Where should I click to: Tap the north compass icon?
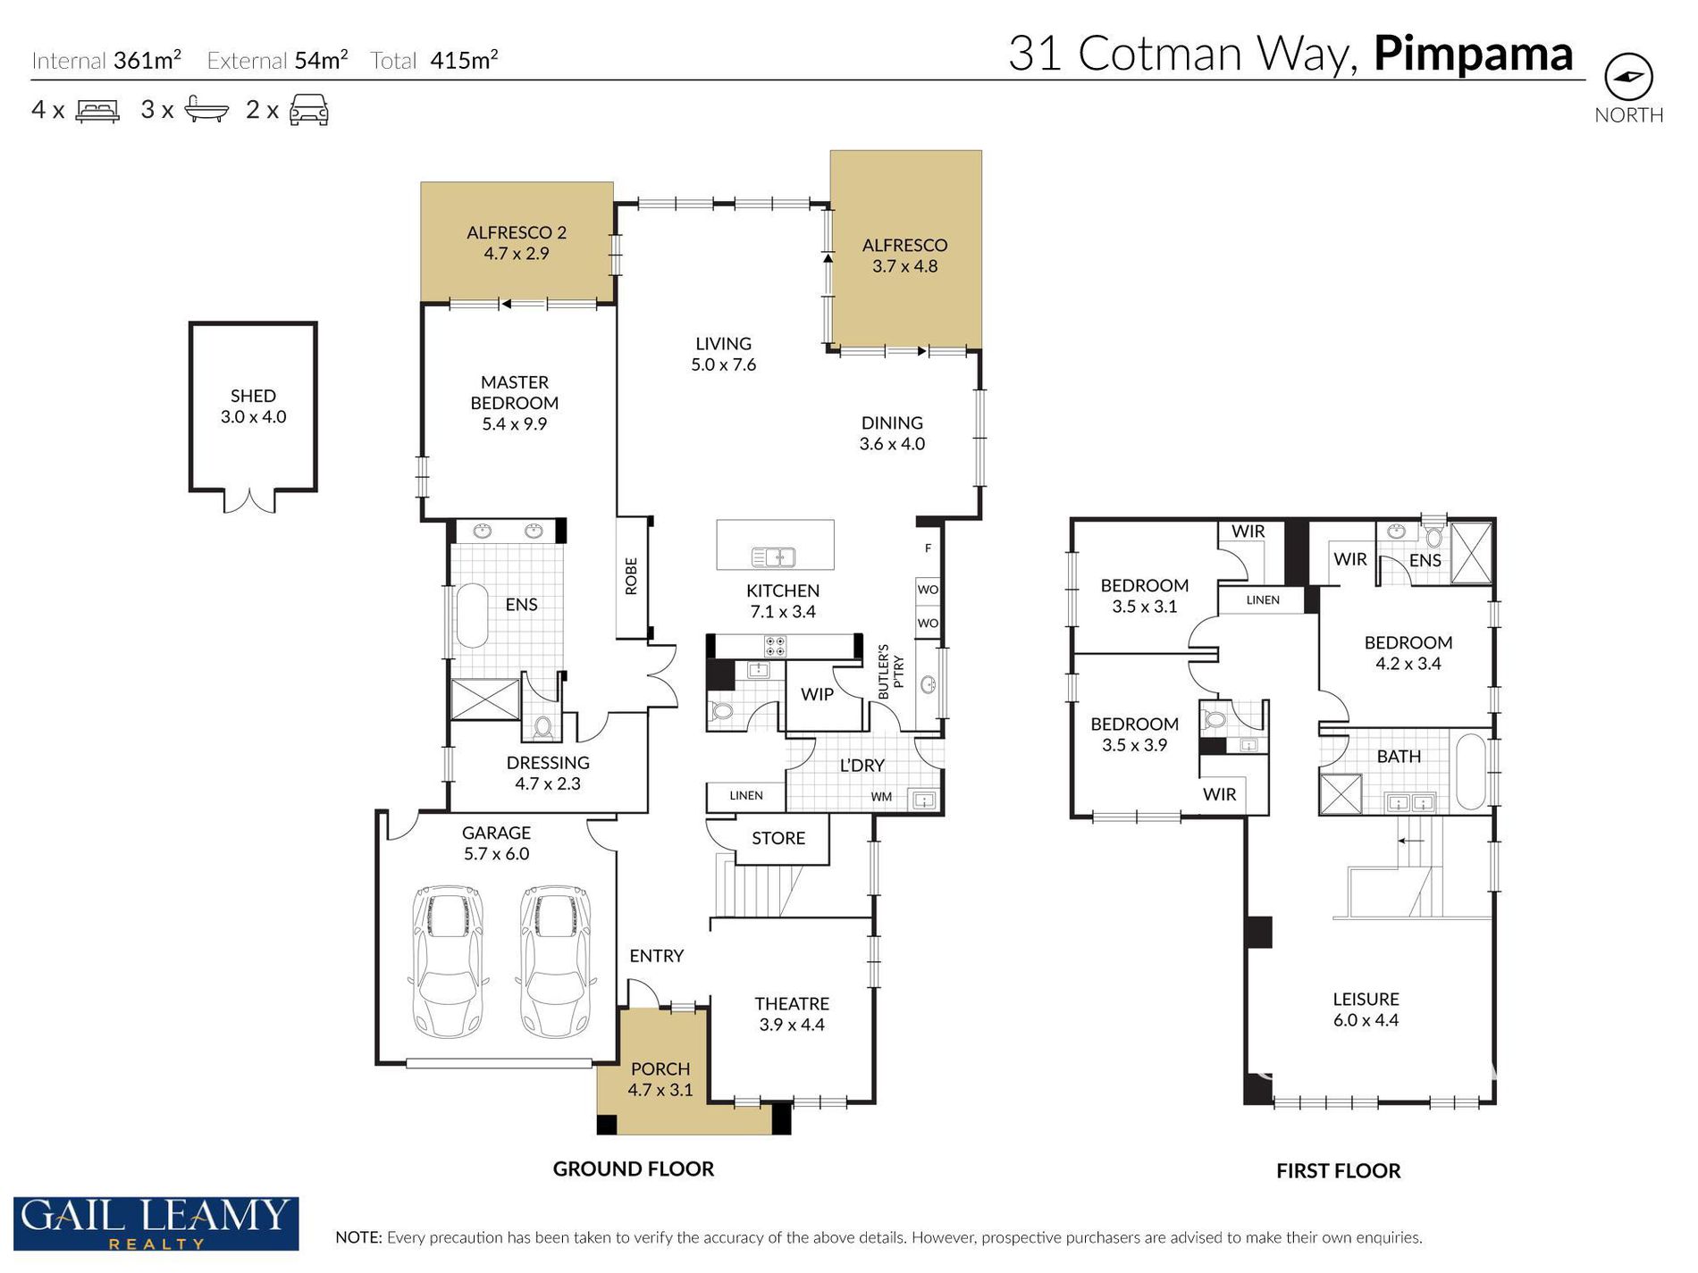tap(1628, 77)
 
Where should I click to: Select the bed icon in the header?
tap(97, 111)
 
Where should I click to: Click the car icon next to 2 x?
tap(309, 110)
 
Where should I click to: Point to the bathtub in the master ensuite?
tap(472, 616)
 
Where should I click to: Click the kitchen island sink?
tap(774, 557)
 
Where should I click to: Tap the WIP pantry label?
tap(817, 694)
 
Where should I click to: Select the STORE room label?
tap(778, 838)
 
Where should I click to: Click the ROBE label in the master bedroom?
tap(632, 576)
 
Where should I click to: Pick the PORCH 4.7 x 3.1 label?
tap(660, 1079)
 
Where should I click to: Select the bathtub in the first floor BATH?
tap(1470, 772)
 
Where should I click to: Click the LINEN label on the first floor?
tap(1263, 600)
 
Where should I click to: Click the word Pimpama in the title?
tap(1473, 54)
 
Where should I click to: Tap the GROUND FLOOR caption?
tap(634, 1168)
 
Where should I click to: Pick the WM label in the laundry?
tap(881, 797)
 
